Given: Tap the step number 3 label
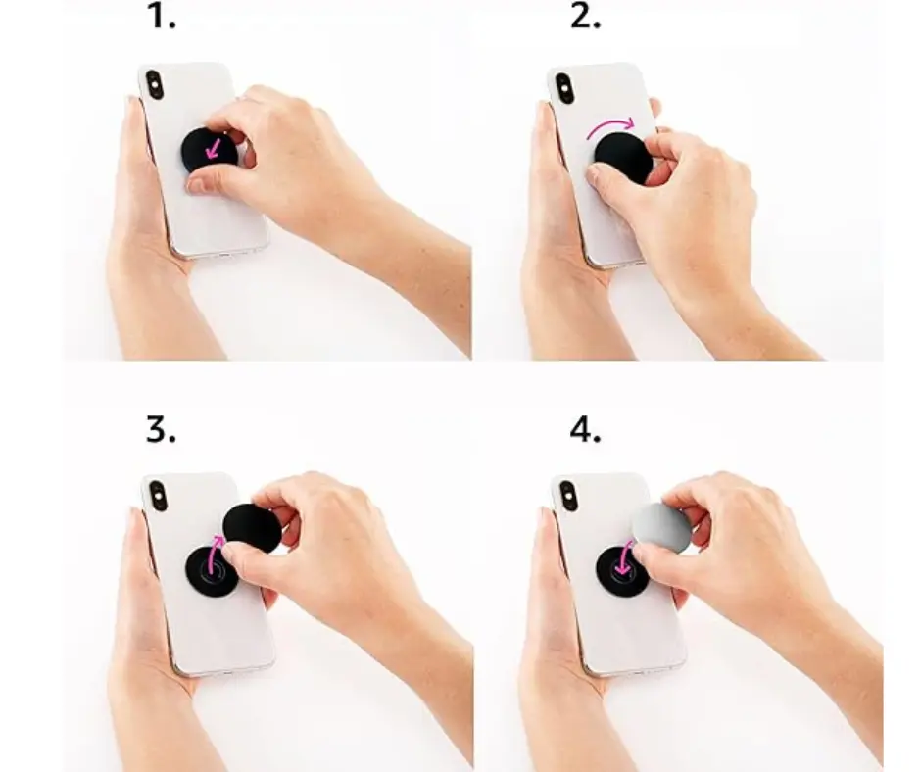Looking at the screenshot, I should pos(161,431).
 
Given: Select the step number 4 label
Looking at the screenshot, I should pos(585,431).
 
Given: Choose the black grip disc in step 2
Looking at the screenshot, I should pos(624,157).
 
